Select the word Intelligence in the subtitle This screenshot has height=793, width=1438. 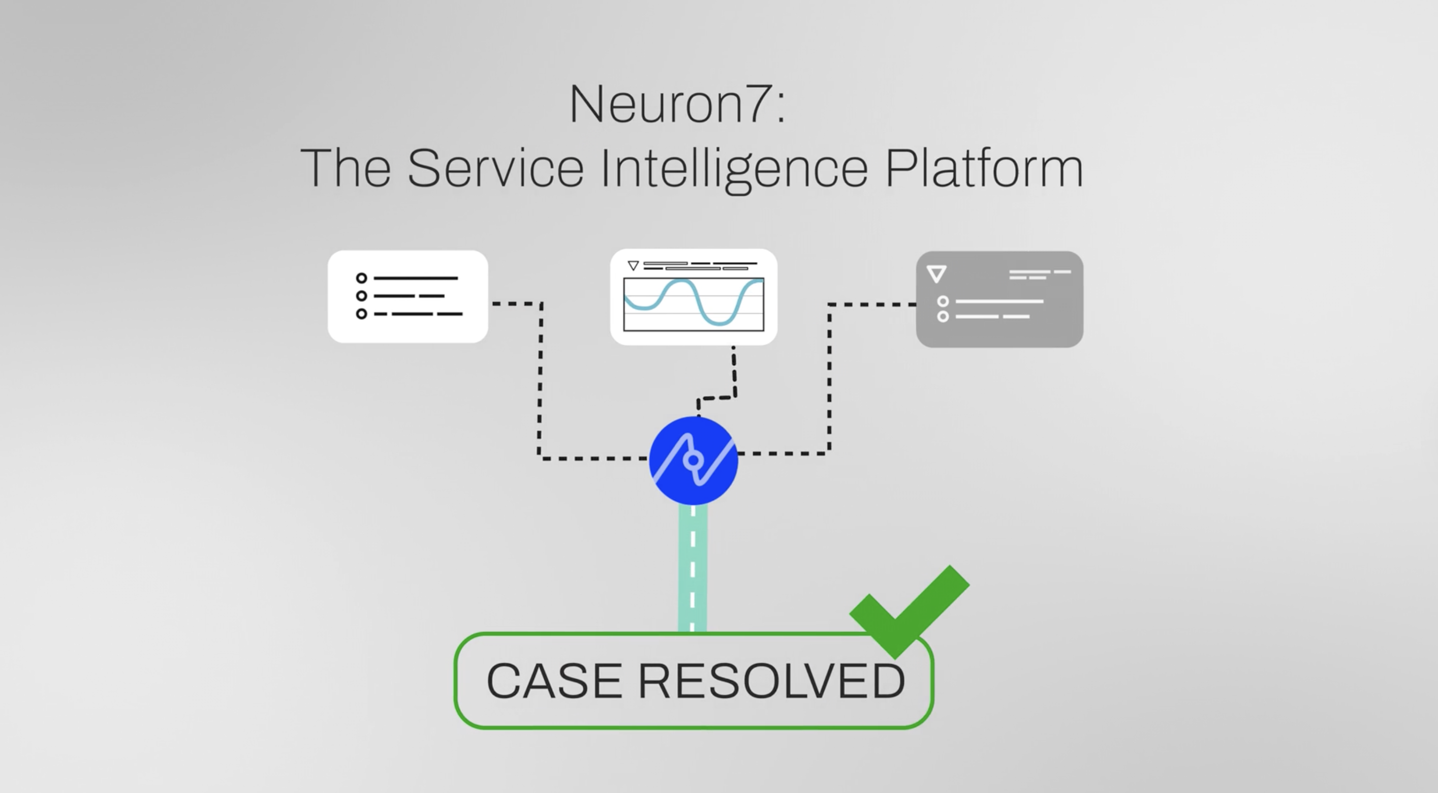pyautogui.click(x=734, y=168)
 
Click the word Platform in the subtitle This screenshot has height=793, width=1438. pyautogui.click(x=984, y=168)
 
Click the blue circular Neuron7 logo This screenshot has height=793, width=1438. pyautogui.click(x=693, y=460)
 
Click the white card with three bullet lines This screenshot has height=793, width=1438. pyautogui.click(x=408, y=296)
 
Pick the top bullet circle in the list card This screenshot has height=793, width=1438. pyautogui.click(x=361, y=278)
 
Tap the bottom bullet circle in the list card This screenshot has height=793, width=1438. pyautogui.click(x=361, y=314)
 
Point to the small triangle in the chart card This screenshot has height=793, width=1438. pyautogui.click(x=633, y=265)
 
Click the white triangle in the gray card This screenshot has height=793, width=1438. pyautogui.click(x=936, y=273)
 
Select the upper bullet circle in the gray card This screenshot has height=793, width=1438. pyautogui.click(x=942, y=301)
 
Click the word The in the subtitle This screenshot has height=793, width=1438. pyautogui.click(x=345, y=168)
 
